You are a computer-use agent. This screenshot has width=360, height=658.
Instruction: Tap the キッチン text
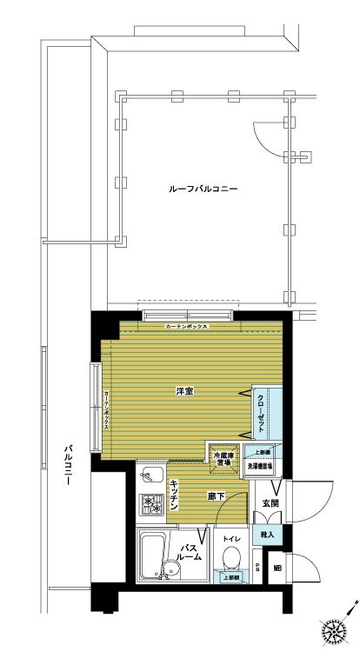(175, 494)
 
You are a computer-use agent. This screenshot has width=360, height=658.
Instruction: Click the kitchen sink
(149, 476)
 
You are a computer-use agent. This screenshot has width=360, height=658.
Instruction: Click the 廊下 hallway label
(217, 497)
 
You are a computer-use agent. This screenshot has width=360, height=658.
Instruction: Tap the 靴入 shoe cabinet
(265, 535)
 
